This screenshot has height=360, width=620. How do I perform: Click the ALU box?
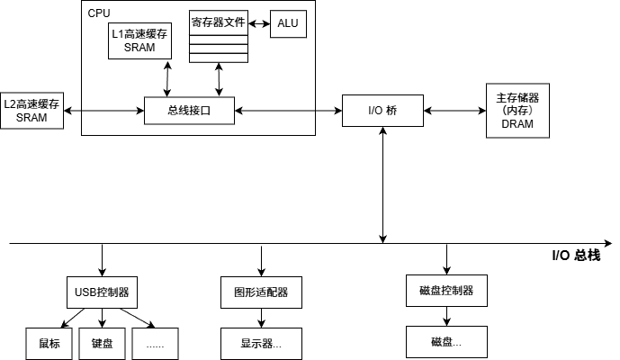pyautogui.click(x=288, y=24)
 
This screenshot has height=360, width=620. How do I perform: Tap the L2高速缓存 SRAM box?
pyautogui.click(x=31, y=112)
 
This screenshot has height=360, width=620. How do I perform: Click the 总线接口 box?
pyautogui.click(x=189, y=112)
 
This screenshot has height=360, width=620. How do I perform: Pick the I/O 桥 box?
pyautogui.click(x=382, y=112)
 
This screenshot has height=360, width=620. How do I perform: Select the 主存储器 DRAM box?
pyautogui.click(x=517, y=111)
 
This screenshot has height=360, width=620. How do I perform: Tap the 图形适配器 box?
pyautogui.click(x=261, y=292)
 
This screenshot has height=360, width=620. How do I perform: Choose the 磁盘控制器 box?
pyautogui.click(x=446, y=291)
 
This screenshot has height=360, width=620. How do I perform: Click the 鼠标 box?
pyautogui.click(x=49, y=343)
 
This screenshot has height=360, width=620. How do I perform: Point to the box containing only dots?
pyautogui.click(x=155, y=343)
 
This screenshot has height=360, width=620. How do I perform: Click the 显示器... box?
pyautogui.click(x=261, y=343)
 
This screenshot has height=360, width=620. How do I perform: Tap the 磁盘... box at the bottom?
pyautogui.click(x=446, y=342)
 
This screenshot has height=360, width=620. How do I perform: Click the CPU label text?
pyautogui.click(x=99, y=13)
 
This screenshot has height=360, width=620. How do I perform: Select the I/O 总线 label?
pyautogui.click(x=575, y=256)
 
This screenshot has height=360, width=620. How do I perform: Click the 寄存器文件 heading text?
pyautogui.click(x=217, y=20)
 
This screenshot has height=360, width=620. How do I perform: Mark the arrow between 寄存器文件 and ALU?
pyautogui.click(x=257, y=22)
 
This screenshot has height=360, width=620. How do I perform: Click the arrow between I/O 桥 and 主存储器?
pyautogui.click(x=454, y=112)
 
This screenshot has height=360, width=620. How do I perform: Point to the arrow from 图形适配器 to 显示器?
pyautogui.click(x=261, y=318)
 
